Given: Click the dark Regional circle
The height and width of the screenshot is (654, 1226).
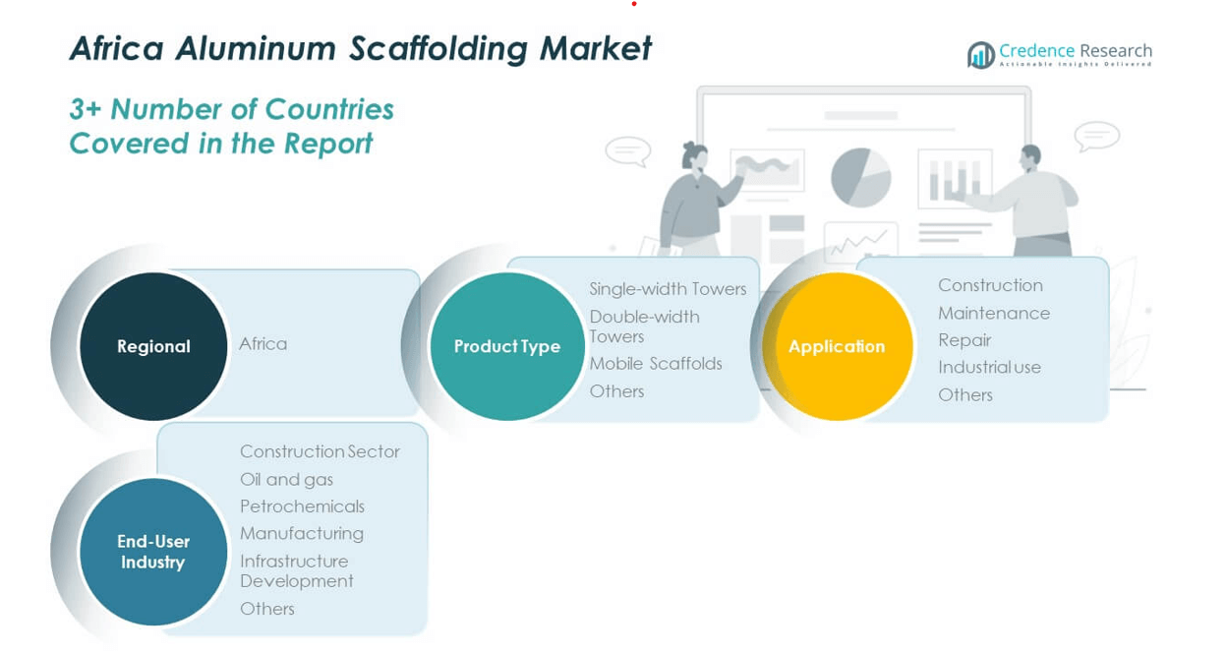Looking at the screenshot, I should [153, 346].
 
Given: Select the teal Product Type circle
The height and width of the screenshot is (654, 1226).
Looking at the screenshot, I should [507, 346].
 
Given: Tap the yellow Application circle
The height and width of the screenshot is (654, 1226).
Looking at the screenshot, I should [837, 346].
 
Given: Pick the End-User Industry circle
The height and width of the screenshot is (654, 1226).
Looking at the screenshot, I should [153, 552].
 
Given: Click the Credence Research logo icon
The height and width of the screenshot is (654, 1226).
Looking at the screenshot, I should [980, 55].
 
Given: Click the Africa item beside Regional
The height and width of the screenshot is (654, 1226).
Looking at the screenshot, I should [263, 344].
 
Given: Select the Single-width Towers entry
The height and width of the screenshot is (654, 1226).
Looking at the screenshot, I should [668, 289].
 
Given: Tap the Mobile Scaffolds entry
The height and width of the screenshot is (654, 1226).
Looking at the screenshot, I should [656, 364].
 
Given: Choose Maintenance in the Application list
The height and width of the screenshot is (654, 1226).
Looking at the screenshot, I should [994, 313].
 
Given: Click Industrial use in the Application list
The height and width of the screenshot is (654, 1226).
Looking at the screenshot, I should [989, 367].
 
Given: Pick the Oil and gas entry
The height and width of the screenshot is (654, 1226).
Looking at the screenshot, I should [286, 479].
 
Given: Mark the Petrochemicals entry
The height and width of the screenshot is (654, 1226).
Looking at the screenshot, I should [302, 506].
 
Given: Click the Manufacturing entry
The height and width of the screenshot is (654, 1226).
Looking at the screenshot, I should [302, 533].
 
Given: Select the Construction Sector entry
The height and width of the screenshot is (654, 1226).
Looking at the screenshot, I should [320, 451].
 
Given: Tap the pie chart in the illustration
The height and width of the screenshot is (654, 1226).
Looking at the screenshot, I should [860, 178].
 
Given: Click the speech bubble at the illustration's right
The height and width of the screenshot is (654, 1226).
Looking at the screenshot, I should [1096, 136].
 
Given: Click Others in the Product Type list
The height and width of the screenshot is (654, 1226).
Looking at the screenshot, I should [616, 391].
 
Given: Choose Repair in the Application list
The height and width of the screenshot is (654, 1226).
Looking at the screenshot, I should [964, 340].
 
